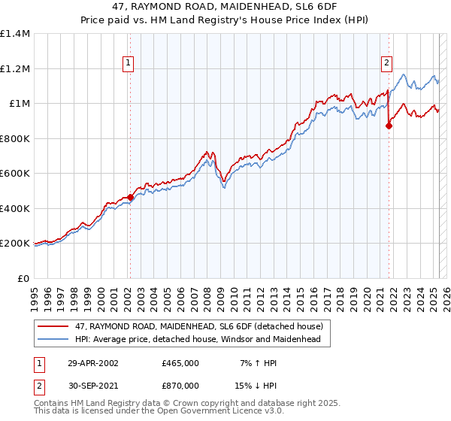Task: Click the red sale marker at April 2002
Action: [x=131, y=198]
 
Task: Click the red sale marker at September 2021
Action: [x=389, y=126]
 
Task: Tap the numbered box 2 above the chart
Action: [x=386, y=63]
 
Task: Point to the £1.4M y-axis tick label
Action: [x=15, y=34]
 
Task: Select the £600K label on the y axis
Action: [x=15, y=174]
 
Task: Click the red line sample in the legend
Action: [x=53, y=326]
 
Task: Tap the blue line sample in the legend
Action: [x=53, y=340]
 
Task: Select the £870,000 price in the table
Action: [x=180, y=385]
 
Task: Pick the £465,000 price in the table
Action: [x=180, y=362]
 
